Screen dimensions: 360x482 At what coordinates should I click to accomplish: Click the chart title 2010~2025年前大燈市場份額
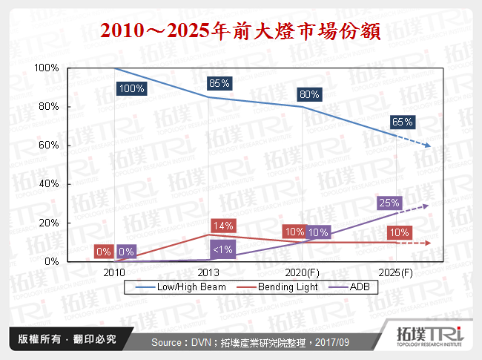(240, 31)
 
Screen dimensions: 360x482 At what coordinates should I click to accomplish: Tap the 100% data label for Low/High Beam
(131, 88)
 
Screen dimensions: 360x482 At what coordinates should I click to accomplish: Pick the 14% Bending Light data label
(224, 224)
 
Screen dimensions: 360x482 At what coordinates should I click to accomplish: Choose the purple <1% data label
(222, 249)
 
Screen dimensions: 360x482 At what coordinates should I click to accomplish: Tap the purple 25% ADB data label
(389, 202)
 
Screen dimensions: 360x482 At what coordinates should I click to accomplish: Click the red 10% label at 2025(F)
(398, 232)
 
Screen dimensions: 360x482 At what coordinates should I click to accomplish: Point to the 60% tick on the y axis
(48, 145)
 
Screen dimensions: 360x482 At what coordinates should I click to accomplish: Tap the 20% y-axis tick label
(48, 223)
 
